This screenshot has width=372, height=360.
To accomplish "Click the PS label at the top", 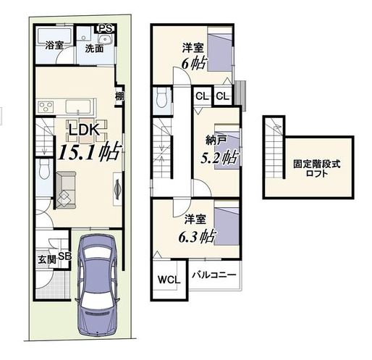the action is [106, 28].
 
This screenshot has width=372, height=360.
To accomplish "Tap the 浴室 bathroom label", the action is [54, 45].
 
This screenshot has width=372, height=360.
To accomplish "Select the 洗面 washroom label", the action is [94, 49].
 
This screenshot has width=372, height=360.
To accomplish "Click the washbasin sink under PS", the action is [105, 39].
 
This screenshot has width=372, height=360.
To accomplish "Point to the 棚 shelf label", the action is [119, 96].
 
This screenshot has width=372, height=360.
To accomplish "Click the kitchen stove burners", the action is [46, 106].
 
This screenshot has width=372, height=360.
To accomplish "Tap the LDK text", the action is [84, 130].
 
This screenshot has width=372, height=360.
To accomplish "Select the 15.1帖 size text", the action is [89, 152].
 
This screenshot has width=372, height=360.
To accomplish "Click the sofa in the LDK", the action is [66, 190].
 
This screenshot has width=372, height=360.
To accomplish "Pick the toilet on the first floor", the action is [44, 169].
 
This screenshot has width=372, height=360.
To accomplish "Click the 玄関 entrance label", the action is [47, 260].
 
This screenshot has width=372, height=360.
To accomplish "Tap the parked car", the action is [97, 285].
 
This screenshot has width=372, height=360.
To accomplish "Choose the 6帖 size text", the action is [194, 63].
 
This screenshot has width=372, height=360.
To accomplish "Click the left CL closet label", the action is [202, 96].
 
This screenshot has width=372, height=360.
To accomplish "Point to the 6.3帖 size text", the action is [197, 236].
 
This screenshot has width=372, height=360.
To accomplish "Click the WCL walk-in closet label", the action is [169, 280].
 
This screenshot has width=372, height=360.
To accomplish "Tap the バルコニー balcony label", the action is [214, 275].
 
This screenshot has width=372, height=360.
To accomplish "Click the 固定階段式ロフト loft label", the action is [317, 169].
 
